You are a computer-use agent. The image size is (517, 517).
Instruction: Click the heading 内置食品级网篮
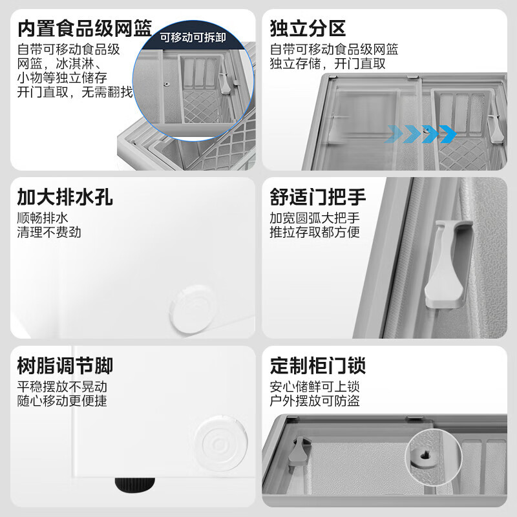85,29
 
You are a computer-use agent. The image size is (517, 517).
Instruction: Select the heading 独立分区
308,29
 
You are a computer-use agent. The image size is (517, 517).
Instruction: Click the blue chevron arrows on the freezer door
421,134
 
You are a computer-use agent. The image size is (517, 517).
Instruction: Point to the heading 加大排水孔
65,197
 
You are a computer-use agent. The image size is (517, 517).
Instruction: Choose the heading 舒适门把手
318,197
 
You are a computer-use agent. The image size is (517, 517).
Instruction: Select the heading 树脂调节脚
65,366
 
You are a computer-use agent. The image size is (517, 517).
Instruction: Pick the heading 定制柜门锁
318,366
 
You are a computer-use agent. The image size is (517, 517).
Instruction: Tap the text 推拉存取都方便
315,232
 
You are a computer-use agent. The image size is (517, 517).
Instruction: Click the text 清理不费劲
49,232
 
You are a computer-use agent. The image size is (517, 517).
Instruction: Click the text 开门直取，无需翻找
75,92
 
